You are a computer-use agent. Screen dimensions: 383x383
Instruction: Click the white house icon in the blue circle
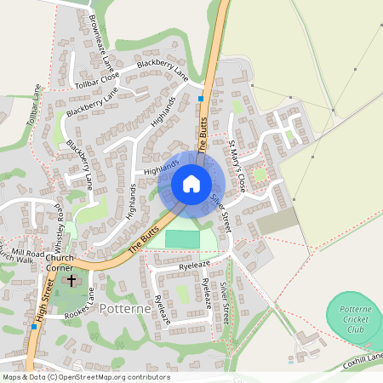pyautogui.click(x=191, y=184)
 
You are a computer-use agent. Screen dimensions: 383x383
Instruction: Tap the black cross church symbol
pyautogui.click(x=71, y=279)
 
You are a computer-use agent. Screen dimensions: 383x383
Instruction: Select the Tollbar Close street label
pyautogui.click(x=97, y=81)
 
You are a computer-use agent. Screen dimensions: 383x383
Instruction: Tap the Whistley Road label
pyautogui.click(x=59, y=224)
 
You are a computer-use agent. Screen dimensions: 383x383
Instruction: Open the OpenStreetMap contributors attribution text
pyautogui.click(x=85, y=377)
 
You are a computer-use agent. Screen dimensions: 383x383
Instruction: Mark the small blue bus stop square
pyautogui.click(x=201, y=99)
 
